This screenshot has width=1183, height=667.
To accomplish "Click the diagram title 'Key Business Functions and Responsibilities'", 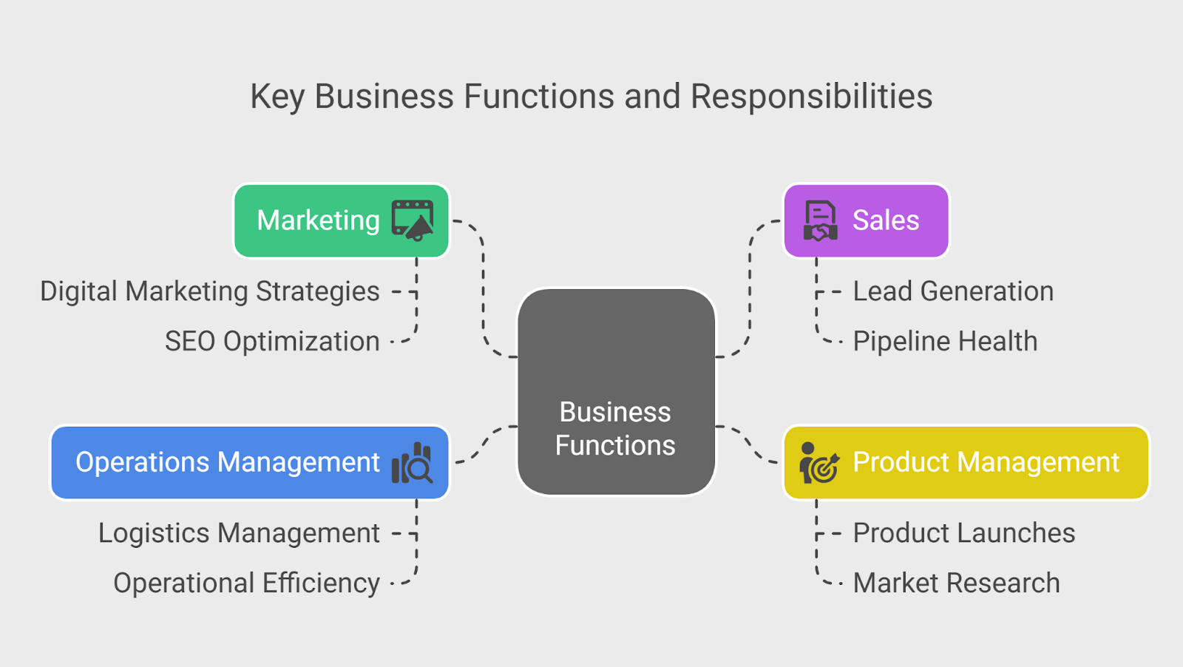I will pyautogui.click(x=591, y=96).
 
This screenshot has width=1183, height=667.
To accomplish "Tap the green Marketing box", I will pyautogui.click(x=318, y=220).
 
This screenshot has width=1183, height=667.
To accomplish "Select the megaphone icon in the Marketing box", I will pyautogui.click(x=413, y=220).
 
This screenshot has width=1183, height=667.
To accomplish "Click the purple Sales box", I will pyautogui.click(x=886, y=220).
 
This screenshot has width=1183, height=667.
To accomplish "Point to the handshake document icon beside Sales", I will pyautogui.click(x=821, y=220).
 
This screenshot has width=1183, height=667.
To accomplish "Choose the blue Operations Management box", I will pyautogui.click(x=228, y=462).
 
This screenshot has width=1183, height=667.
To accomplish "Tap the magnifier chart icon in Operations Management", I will pyautogui.click(x=412, y=463).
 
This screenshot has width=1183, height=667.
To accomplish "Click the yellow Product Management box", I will pyautogui.click(x=986, y=462).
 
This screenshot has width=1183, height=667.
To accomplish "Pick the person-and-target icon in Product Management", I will pyautogui.click(x=819, y=463).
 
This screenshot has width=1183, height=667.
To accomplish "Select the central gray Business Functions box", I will pyautogui.click(x=616, y=392).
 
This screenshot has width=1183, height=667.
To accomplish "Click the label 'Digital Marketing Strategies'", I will pyautogui.click(x=210, y=291).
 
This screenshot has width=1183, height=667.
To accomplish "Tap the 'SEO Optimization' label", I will pyautogui.click(x=272, y=342).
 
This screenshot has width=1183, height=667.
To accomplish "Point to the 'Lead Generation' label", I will pyautogui.click(x=953, y=291).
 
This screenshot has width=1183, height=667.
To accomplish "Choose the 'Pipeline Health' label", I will pyautogui.click(x=945, y=342).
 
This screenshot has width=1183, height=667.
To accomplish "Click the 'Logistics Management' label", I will pyautogui.click(x=239, y=533).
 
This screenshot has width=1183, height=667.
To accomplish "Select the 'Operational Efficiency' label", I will pyautogui.click(x=246, y=583).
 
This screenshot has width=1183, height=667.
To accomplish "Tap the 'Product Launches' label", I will pyautogui.click(x=963, y=533).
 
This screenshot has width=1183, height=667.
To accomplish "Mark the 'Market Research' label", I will pyautogui.click(x=956, y=583).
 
